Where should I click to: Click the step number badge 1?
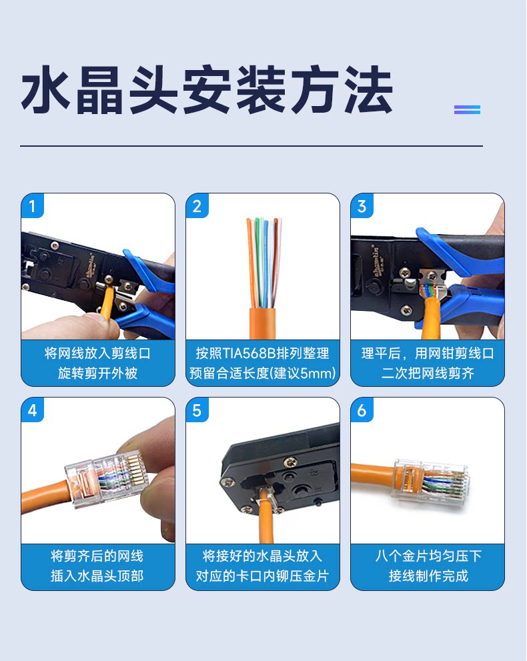pyautogui.click(x=33, y=205)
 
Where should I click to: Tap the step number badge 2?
pyautogui.click(x=197, y=205)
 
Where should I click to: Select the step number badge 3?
pyautogui.click(x=362, y=205)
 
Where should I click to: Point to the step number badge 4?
pyautogui.click(x=33, y=410)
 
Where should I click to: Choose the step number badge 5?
pyautogui.click(x=197, y=410)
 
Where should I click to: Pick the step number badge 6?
pyautogui.click(x=362, y=410)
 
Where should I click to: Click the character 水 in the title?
pyautogui.click(x=45, y=90)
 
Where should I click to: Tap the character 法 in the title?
pyautogui.click(x=368, y=90)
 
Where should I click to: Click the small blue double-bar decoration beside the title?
pyautogui.click(x=467, y=109)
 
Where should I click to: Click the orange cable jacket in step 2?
pyautogui.click(x=262, y=323)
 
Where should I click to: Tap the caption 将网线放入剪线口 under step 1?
pyautogui.click(x=98, y=354)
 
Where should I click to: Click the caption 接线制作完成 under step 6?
pyautogui.click(x=428, y=576)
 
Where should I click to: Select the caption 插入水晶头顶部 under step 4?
pyautogui.click(x=98, y=576)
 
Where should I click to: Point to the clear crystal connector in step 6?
pyautogui.click(x=430, y=480)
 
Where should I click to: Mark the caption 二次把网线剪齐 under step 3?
pyautogui.click(x=428, y=373)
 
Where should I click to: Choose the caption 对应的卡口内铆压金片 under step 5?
pyautogui.click(x=262, y=576)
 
